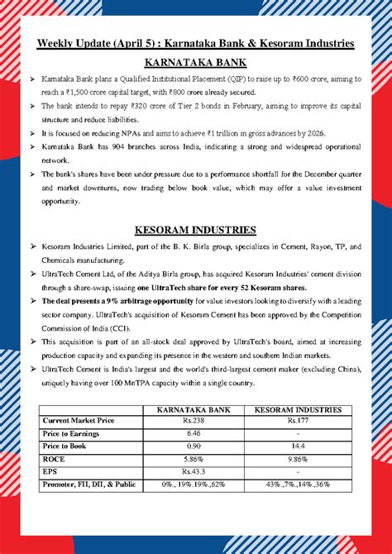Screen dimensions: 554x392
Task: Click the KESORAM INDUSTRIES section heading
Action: point(196,229)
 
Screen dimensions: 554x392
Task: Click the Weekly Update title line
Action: point(196,42)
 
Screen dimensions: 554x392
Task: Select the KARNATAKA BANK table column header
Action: point(194,410)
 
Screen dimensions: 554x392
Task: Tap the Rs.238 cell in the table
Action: point(194,421)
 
